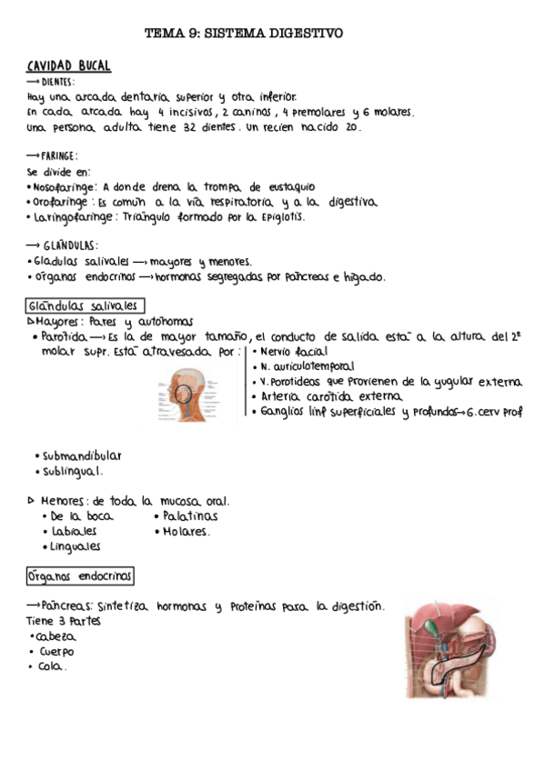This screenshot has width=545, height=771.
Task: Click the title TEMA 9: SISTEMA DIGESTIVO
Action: point(244,34)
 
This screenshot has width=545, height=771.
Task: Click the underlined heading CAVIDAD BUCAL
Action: point(69,66)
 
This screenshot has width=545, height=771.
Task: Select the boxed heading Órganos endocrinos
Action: point(80,576)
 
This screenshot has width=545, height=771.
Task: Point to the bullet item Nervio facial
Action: point(294,352)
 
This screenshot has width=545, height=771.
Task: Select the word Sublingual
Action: point(73,471)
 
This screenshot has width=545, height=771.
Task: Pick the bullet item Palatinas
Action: point(190,516)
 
